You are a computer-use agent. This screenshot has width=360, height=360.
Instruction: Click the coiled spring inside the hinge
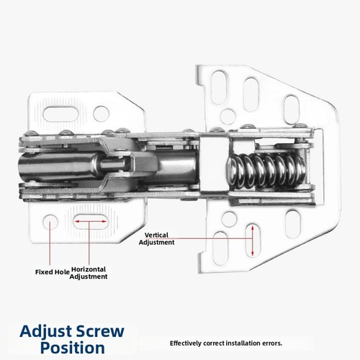[266, 171]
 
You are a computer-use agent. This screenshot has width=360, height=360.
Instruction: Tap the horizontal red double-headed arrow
[90, 221]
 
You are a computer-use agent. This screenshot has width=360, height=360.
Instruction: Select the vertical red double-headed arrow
[252, 240]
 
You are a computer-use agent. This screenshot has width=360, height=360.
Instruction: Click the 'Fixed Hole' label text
[53, 272]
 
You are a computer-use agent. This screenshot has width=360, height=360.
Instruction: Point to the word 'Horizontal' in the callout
[89, 269]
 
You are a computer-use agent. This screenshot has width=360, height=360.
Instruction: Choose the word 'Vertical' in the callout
[156, 235]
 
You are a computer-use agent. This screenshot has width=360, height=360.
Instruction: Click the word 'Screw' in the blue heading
[100, 331]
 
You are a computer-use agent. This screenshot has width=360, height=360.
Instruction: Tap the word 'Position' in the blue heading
[73, 348]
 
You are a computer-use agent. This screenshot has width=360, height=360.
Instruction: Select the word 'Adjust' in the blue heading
[46, 331]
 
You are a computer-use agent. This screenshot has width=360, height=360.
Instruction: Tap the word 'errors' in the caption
[271, 343]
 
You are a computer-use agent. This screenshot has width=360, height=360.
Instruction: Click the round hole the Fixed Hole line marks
[50, 221]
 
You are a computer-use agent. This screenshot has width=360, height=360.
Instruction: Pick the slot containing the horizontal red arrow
[90, 221]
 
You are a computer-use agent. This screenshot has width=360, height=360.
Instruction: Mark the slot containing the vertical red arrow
[253, 240]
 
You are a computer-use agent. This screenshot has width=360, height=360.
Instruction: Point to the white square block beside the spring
[214, 165]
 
